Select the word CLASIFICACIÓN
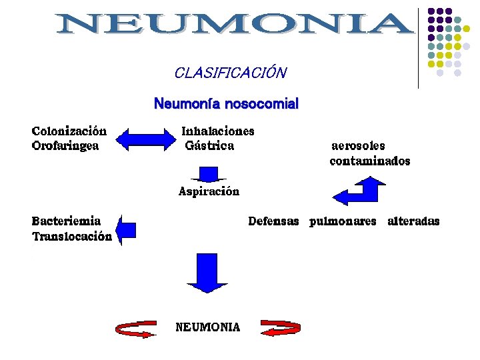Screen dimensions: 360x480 pyautogui.click(x=230, y=73)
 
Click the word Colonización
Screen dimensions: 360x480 pyautogui.click(x=69, y=131)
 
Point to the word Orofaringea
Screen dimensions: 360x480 pyautogui.click(x=65, y=146)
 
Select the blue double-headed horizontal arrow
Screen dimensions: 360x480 pyautogui.click(x=145, y=139)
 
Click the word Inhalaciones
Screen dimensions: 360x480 pyautogui.click(x=218, y=131)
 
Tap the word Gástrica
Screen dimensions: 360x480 pyautogui.click(x=209, y=146)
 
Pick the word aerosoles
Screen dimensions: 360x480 pyautogui.click(x=358, y=146)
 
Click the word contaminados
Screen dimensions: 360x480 pyautogui.click(x=370, y=161)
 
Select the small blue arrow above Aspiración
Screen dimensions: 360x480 pyautogui.click(x=209, y=175)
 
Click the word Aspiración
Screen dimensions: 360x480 pyautogui.click(x=209, y=192)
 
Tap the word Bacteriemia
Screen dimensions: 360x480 pyautogui.click(x=67, y=221)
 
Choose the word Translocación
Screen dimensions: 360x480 pyautogui.click(x=72, y=236)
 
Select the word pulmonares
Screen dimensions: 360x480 pyautogui.click(x=343, y=221)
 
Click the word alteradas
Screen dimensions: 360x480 pyautogui.click(x=413, y=221)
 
